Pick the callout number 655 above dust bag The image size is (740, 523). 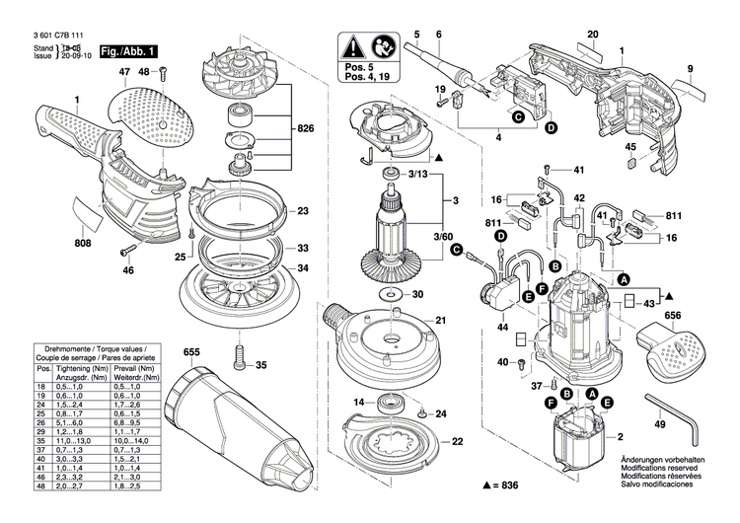click(x=191, y=352)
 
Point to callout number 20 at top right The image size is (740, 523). click(x=593, y=35)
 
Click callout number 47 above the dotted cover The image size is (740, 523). click(x=125, y=73)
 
